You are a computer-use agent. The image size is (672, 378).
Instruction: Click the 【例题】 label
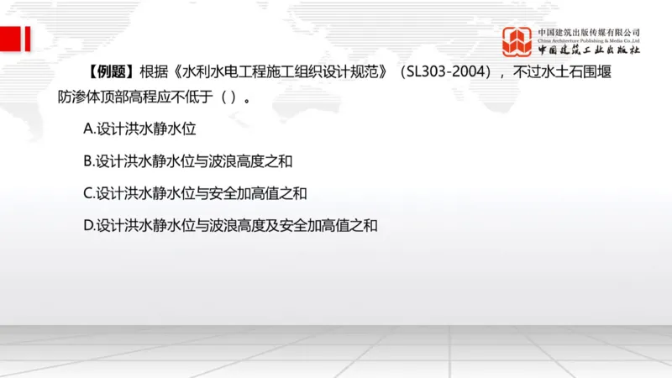click(109, 72)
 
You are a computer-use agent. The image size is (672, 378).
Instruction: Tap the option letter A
click(88, 129)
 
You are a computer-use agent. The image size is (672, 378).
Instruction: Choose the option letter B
click(88, 161)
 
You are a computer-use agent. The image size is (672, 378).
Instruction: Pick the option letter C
click(88, 193)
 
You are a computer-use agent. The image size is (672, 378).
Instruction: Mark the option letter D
click(88, 225)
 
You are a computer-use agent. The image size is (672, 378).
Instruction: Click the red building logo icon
click(517, 41)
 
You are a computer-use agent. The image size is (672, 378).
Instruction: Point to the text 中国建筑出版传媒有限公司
click(589, 32)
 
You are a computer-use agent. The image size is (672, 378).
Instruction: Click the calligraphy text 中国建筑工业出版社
click(589, 50)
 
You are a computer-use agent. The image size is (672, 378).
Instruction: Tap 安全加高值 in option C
click(249, 193)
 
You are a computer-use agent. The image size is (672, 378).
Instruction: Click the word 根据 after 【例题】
click(154, 72)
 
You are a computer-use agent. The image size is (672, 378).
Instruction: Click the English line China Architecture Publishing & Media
click(589, 40)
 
